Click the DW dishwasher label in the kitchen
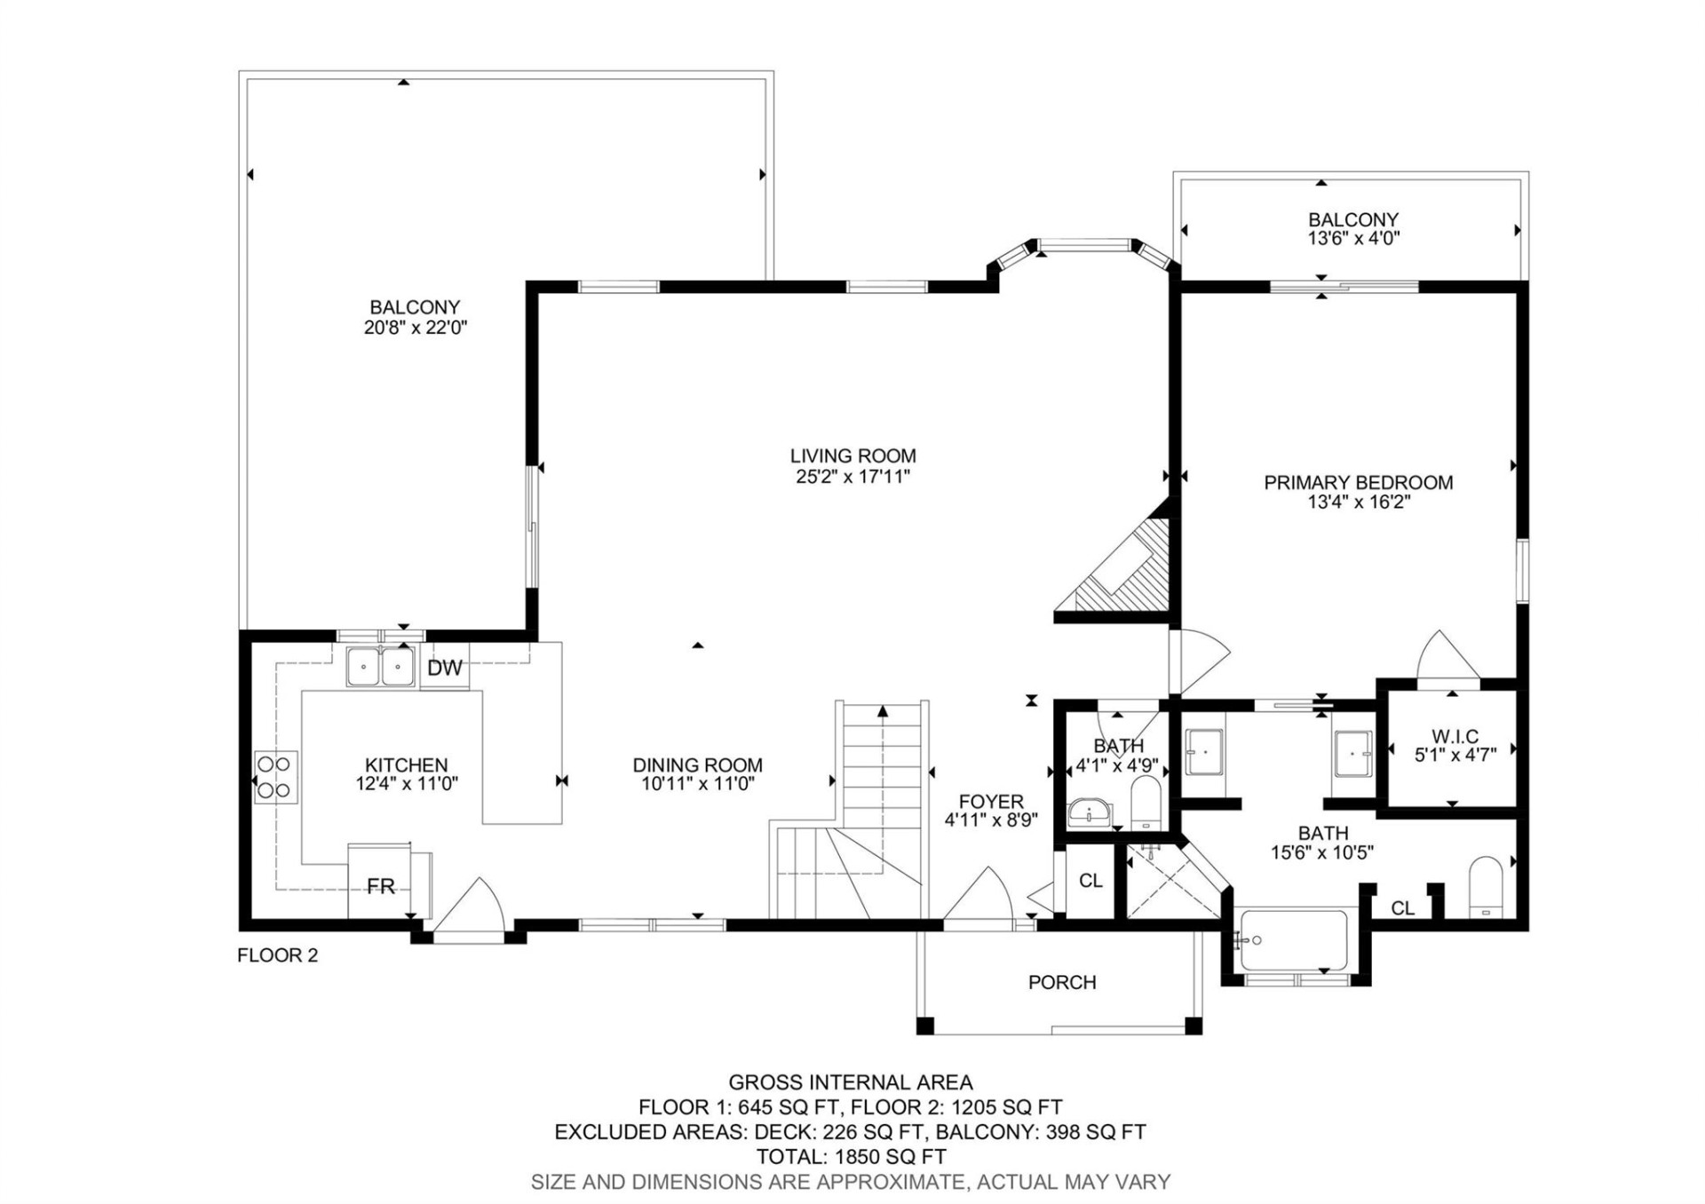point(444,669)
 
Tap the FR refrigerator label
point(380,886)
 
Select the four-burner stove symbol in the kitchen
point(275,777)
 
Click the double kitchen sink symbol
point(381,667)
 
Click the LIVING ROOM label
point(852,456)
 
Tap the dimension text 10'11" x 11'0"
point(697,784)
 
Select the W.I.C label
point(1455,736)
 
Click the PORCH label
point(1061,982)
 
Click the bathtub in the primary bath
point(1292,940)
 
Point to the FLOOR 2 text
point(277,955)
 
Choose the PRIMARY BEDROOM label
point(1358,483)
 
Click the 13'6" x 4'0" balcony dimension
point(1353,238)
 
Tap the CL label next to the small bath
point(1090,881)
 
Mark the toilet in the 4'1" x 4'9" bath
point(1146,804)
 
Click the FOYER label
point(990,802)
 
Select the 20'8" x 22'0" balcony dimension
point(415,328)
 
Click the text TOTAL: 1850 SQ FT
point(851,1157)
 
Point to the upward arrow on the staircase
point(882,711)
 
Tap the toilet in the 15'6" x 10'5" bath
point(1485,885)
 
